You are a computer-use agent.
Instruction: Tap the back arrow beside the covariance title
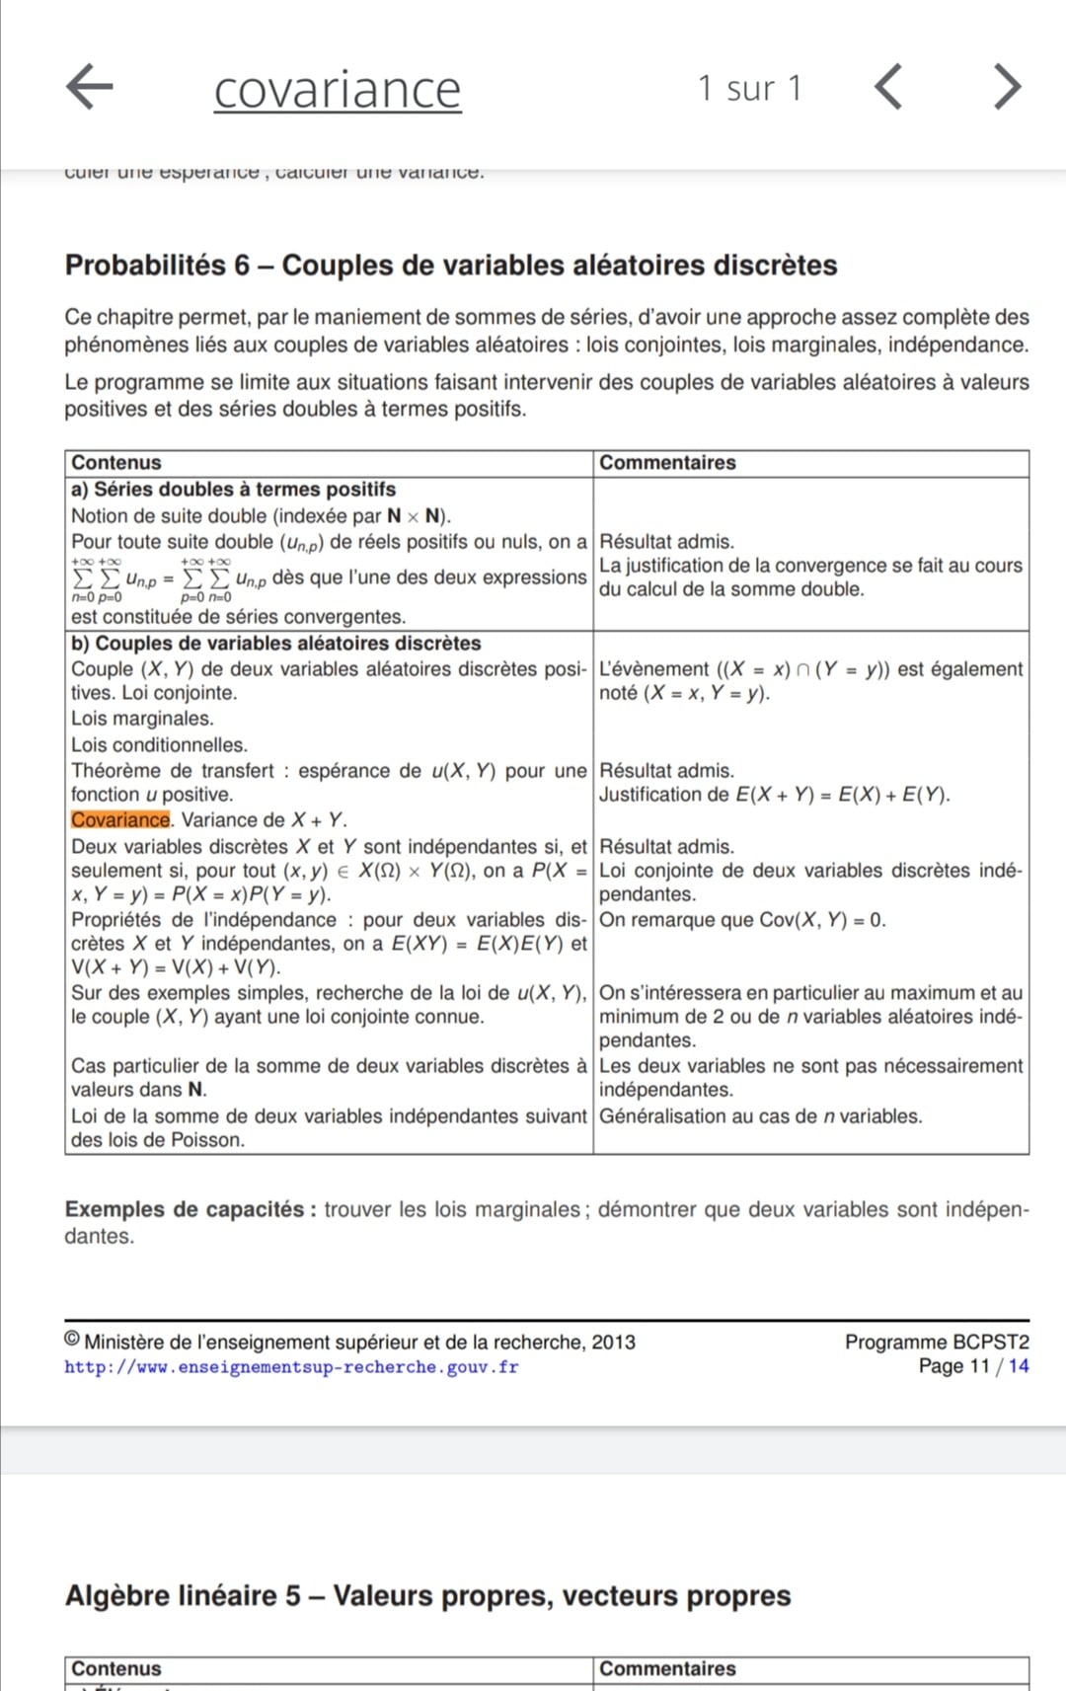pos(90,86)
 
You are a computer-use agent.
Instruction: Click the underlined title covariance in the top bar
pos(338,90)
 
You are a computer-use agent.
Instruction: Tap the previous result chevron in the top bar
pos(888,87)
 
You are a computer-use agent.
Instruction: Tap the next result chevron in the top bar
pos(1007,87)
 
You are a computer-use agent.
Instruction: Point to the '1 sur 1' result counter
pos(749,89)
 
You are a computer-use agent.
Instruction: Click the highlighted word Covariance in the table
pos(120,819)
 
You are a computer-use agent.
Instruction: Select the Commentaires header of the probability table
pos(667,463)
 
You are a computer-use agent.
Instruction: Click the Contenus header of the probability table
pos(115,463)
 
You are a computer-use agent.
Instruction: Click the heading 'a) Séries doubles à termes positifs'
pos(233,489)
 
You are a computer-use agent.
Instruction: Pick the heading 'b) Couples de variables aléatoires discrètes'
pos(275,643)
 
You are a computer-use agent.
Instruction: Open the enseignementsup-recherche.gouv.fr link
pos(291,1367)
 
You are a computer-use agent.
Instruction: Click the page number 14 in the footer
pos(1018,1366)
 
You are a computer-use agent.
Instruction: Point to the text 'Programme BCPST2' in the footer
pos(936,1342)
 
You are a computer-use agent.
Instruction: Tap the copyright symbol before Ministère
pos(72,1340)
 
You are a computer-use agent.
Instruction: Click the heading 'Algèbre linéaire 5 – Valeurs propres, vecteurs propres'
pos(427,1595)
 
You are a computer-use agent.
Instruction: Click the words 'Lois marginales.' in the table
pos(142,719)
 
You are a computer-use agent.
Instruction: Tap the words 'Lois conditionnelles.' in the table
pos(159,745)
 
